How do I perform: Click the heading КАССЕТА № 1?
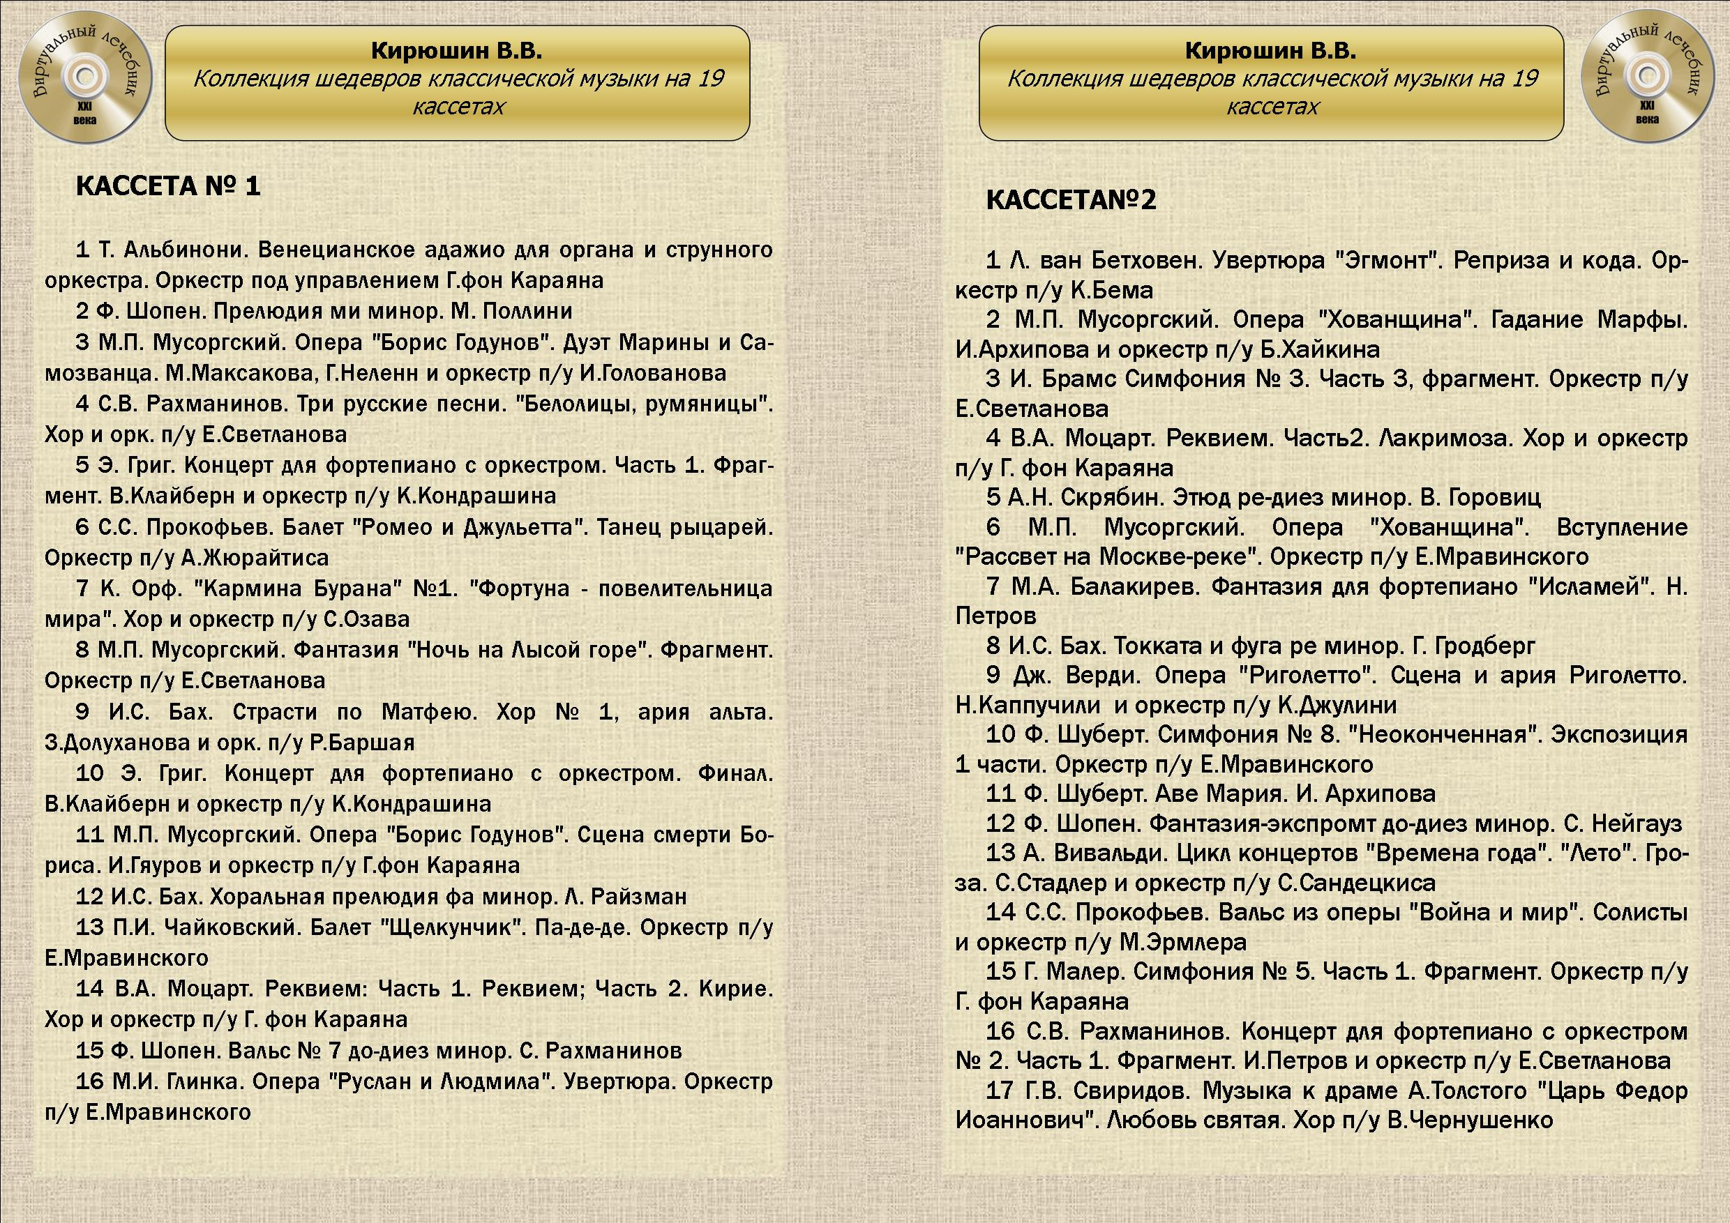pos(168,186)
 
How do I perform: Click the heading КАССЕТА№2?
pos(1071,199)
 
